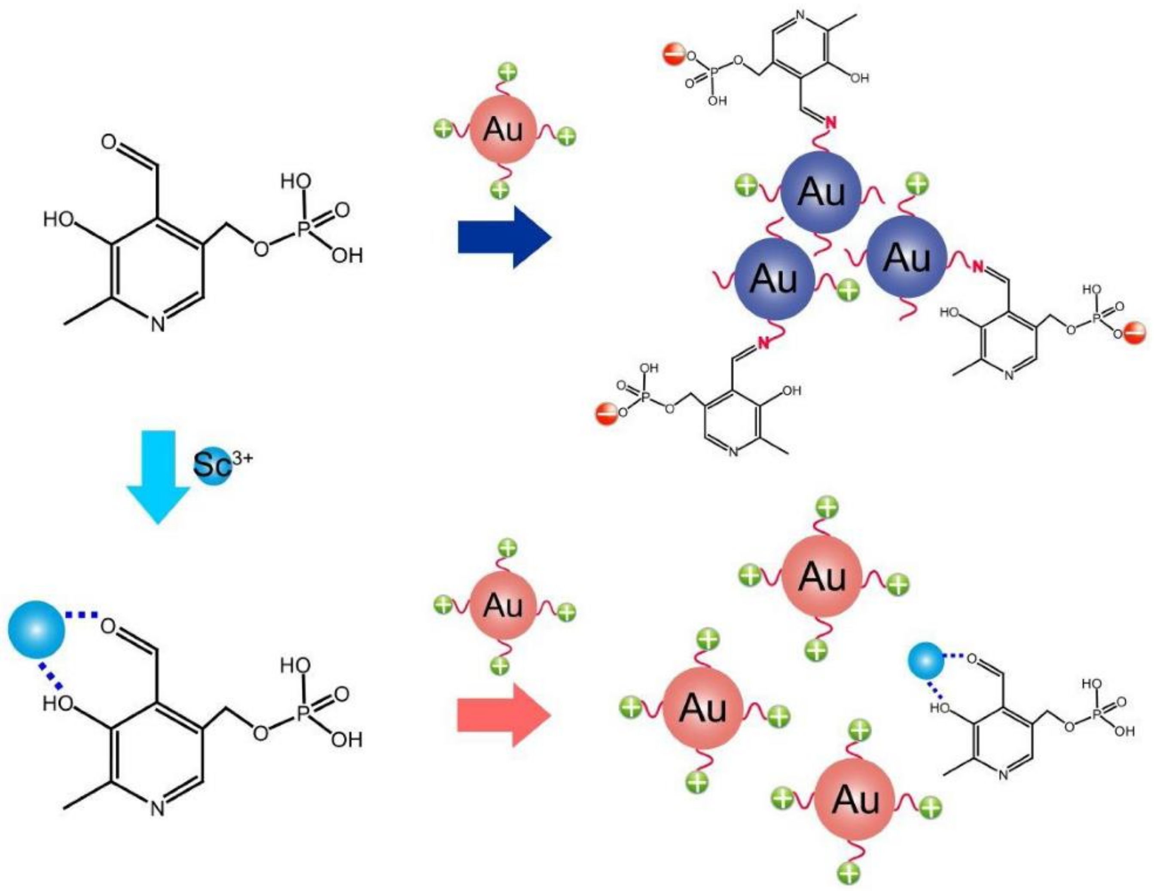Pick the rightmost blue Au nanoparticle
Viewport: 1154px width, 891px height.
click(907, 257)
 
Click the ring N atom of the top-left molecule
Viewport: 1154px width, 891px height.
click(157, 323)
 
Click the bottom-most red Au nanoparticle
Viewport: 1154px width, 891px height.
click(854, 799)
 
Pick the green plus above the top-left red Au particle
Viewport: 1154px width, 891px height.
click(506, 71)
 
